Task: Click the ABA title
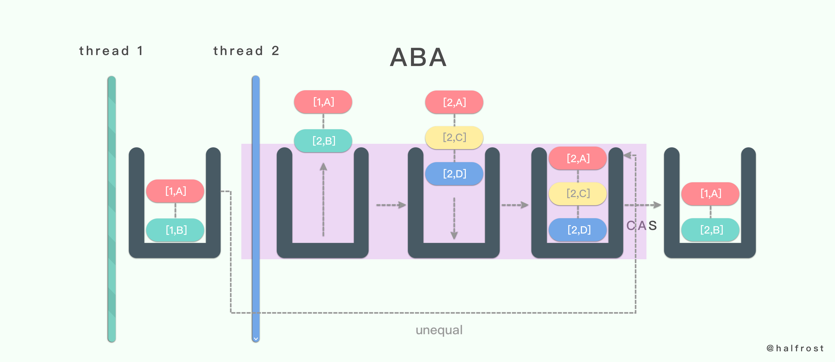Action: point(418,57)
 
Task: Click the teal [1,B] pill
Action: point(175,230)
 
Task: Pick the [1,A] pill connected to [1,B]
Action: point(175,191)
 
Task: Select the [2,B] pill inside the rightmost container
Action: point(711,230)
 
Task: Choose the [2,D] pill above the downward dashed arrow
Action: point(454,174)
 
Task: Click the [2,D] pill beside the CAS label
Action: point(578,230)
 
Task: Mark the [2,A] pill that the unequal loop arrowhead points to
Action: point(578,158)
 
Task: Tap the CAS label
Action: point(641,225)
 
